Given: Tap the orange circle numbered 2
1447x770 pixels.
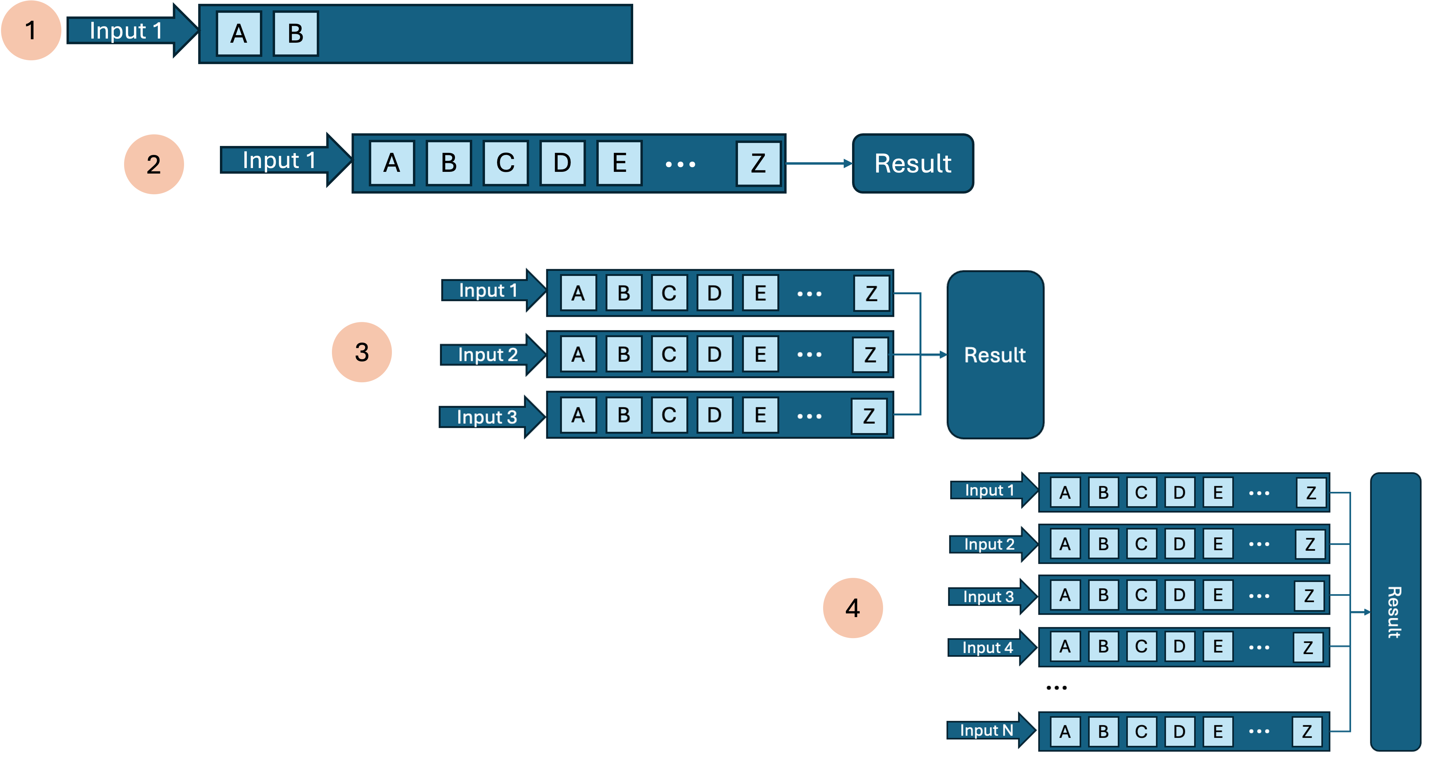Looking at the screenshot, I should point(154,165).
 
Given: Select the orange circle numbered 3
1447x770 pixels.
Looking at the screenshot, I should point(362,352).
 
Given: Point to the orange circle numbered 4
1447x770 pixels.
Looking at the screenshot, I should point(853,608).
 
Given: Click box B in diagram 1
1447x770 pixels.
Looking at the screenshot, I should point(295,34).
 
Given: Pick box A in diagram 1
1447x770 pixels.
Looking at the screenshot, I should point(239,34).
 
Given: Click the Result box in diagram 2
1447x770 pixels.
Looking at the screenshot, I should point(913,163).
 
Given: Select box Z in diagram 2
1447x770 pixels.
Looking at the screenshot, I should point(758,163).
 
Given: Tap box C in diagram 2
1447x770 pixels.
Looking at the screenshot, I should point(506,163).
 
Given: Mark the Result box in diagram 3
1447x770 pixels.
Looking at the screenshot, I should point(995,355).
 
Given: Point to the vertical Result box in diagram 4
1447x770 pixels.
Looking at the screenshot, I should point(1395,612).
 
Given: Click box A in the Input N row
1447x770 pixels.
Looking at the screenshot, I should point(1065,731).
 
